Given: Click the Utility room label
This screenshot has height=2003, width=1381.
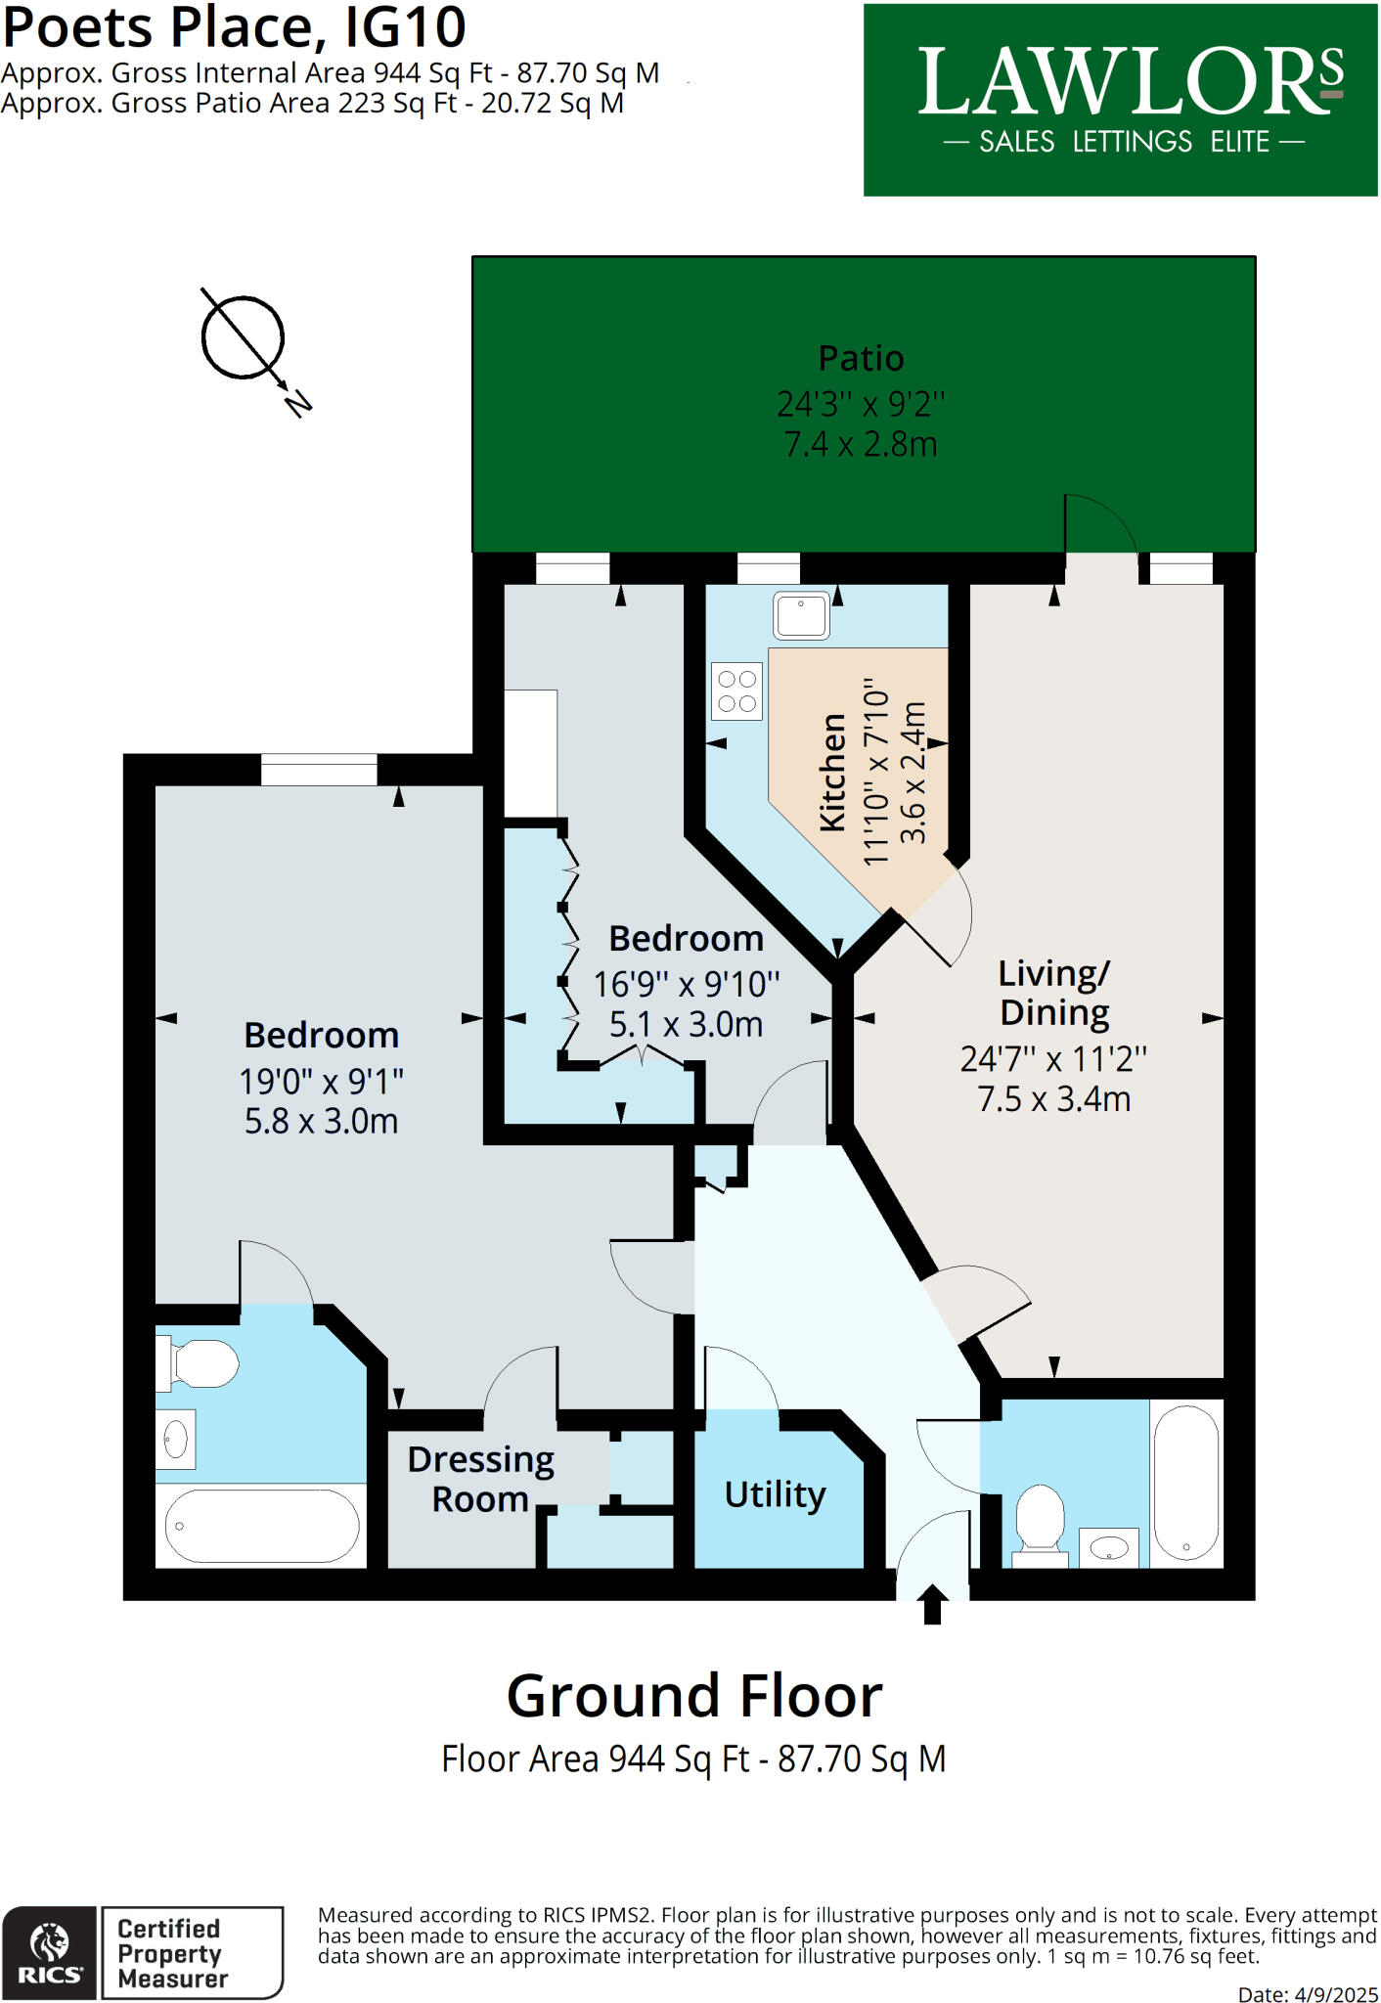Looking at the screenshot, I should [x=775, y=1494].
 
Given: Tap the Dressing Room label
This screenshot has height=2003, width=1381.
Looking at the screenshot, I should [x=480, y=1478].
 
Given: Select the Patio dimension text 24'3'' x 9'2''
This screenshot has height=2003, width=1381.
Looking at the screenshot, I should [x=861, y=403].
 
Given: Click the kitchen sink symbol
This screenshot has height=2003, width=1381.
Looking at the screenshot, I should [x=801, y=615].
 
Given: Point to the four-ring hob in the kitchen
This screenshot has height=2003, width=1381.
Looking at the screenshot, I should [x=736, y=691].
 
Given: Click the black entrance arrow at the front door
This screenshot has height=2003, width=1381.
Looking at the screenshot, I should [x=932, y=1604].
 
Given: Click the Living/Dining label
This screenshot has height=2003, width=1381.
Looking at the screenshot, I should [x=1053, y=992].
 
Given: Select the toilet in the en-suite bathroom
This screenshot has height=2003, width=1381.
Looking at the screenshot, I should [x=200, y=1363].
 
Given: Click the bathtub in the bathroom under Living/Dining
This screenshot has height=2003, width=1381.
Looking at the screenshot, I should [x=1185, y=1483].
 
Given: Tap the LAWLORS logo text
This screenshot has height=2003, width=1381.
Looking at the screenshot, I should [x=1130, y=83].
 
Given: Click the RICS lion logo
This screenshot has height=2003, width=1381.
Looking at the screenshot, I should [x=49, y=1952].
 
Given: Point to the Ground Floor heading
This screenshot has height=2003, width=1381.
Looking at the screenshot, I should [x=693, y=1696].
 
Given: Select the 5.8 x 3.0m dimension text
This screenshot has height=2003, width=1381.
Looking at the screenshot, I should [x=321, y=1121].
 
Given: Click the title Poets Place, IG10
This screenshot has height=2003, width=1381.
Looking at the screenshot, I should [x=234, y=26].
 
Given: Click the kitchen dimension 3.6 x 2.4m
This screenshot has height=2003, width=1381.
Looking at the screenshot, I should [x=913, y=773].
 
